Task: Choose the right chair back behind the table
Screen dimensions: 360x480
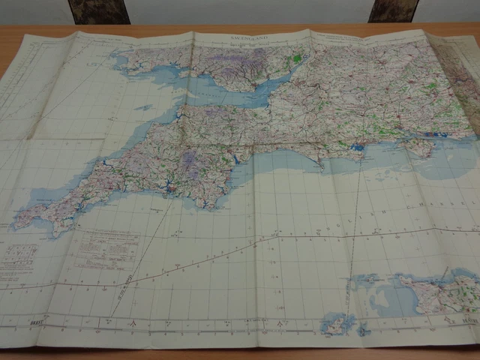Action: [393, 10]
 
